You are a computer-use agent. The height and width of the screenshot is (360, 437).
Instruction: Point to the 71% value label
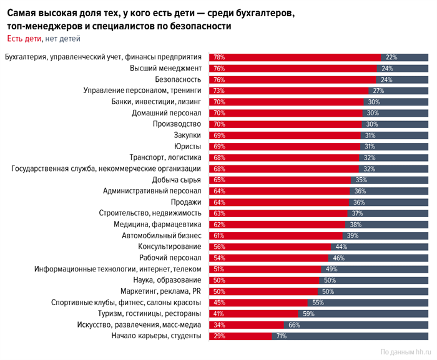(x=282, y=336)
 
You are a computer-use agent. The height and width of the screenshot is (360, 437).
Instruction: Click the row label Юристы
(x=187, y=146)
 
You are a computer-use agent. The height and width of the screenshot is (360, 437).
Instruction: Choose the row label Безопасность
(x=178, y=79)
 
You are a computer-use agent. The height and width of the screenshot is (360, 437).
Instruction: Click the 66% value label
(x=295, y=324)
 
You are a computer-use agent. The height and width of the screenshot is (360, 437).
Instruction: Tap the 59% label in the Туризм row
(x=308, y=313)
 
